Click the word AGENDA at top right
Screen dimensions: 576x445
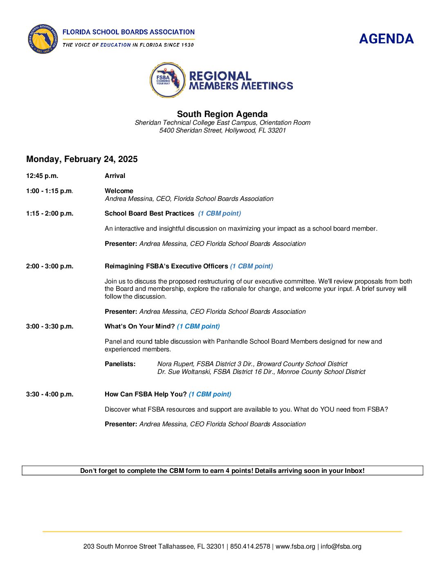click(x=386, y=39)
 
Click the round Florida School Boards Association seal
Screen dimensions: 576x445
click(x=43, y=39)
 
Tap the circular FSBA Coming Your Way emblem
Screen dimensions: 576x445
click(x=167, y=80)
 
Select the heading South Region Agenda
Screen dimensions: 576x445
click(x=222, y=114)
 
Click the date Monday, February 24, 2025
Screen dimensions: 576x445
click(x=82, y=159)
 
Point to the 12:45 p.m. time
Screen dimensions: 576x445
click(x=42, y=176)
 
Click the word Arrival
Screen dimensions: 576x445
click(x=115, y=176)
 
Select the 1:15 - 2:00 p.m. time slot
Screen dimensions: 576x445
click(x=49, y=214)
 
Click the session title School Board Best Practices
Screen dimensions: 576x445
click(x=149, y=214)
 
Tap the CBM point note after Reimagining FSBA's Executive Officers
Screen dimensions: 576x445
click(x=251, y=266)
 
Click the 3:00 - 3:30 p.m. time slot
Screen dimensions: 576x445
click(x=49, y=326)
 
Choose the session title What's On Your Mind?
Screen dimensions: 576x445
click(x=139, y=326)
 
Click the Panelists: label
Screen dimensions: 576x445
click(x=120, y=364)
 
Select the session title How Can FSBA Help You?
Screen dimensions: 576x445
click(x=146, y=394)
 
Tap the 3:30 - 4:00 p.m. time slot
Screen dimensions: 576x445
click(x=49, y=394)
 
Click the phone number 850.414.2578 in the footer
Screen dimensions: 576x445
click(x=250, y=547)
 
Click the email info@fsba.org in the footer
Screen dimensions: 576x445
click(x=341, y=547)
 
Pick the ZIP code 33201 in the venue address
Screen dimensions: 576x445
click(x=276, y=130)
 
